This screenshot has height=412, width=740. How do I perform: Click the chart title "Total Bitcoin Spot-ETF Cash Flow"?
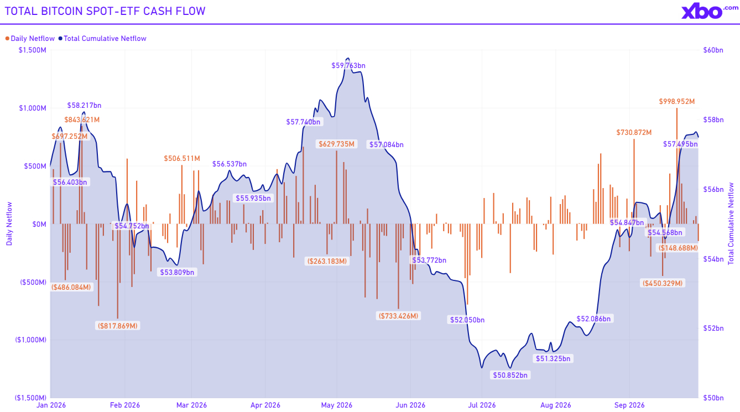[105, 11]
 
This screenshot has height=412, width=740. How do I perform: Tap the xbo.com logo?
[709, 11]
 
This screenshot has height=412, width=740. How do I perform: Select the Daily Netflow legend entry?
[30, 38]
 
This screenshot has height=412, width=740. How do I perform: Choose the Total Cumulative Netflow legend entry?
[102, 38]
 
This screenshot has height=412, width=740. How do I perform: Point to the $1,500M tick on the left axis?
[33, 50]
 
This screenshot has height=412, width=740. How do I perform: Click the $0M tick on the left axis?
[39, 225]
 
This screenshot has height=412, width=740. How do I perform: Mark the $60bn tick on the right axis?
[713, 50]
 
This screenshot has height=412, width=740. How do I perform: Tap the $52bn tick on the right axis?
[713, 328]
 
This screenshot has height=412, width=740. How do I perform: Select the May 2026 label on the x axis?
[337, 405]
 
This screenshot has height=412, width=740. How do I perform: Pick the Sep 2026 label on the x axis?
[629, 405]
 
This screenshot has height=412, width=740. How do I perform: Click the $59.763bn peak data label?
[348, 66]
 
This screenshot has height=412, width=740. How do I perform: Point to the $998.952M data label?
[676, 102]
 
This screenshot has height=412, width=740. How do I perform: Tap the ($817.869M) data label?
[118, 326]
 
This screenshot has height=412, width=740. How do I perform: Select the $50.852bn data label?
[510, 376]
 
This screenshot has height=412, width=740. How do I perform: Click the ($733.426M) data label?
[398, 316]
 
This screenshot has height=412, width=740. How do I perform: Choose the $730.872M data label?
[634, 133]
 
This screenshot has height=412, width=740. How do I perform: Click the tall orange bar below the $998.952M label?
[676, 166]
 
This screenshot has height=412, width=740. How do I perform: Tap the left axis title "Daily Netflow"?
[9, 224]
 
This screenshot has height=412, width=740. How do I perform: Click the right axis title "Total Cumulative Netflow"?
[731, 223]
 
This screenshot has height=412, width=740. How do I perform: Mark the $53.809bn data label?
[177, 273]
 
